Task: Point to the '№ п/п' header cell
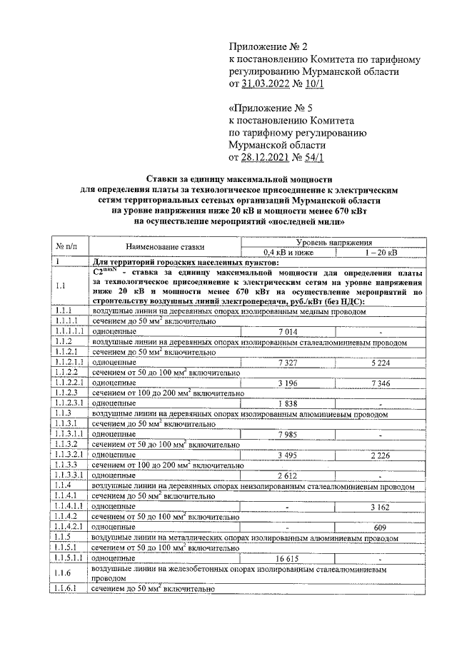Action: [x=66, y=247]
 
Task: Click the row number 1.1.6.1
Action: [x=66, y=590]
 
